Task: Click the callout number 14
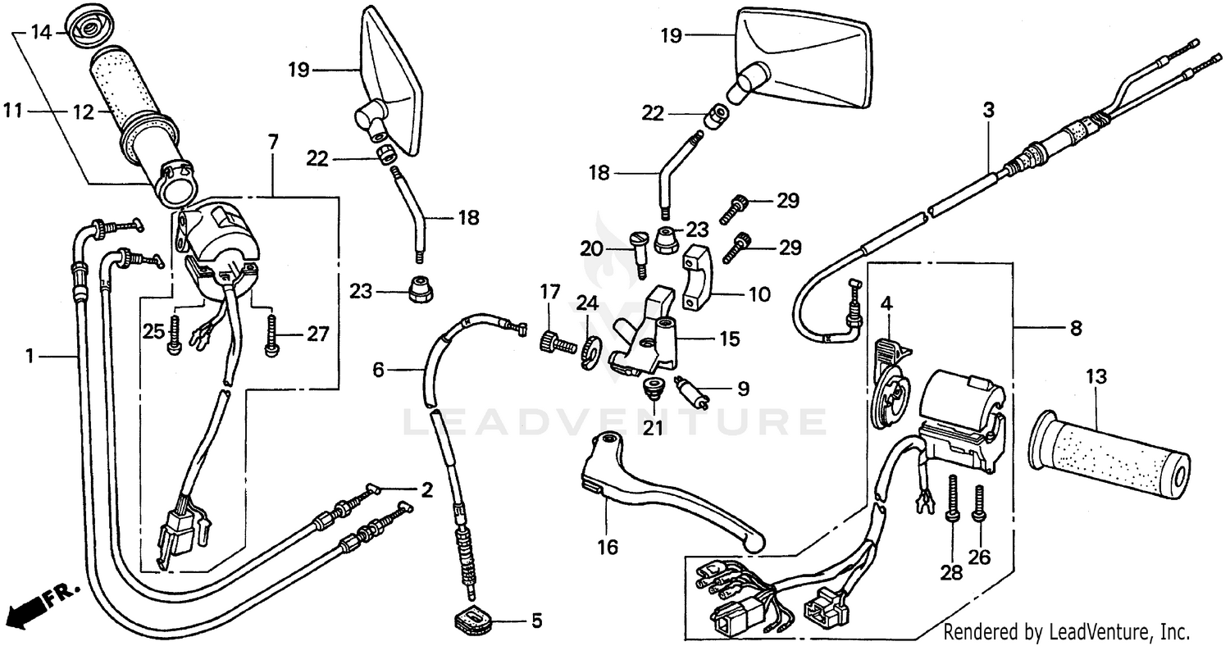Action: [41, 33]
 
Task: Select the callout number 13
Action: [1096, 378]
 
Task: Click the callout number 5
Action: [536, 621]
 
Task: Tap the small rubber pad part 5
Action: [473, 619]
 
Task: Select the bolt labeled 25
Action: [175, 336]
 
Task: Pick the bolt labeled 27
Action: [271, 336]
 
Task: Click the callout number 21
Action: [653, 428]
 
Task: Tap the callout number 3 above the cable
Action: [989, 110]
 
